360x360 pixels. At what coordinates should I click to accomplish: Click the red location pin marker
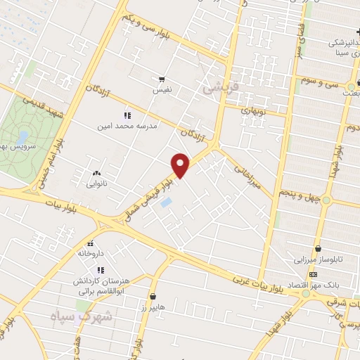pos(181,165)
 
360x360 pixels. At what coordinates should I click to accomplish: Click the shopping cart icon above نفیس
pos(162,79)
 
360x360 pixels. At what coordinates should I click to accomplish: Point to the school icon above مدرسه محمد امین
pos(127,115)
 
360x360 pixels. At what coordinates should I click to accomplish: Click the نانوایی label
pos(95,184)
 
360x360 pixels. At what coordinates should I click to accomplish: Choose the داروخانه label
pos(92,251)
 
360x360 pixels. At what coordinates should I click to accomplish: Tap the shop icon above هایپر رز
pos(153,296)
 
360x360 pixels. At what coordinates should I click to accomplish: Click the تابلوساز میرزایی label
pos(319,259)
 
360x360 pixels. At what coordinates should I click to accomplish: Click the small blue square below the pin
pos(167,203)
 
